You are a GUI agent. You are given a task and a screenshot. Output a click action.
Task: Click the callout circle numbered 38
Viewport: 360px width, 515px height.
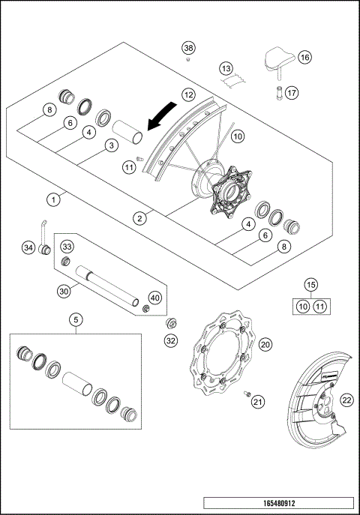point(188,48)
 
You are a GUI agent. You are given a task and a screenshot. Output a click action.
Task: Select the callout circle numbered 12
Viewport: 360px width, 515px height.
point(188,95)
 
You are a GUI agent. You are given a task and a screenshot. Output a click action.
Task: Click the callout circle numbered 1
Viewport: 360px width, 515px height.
point(53,200)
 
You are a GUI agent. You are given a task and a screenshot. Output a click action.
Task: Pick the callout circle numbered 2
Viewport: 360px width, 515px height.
point(140,218)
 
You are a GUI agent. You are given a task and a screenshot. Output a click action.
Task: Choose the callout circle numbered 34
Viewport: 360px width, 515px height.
point(28,247)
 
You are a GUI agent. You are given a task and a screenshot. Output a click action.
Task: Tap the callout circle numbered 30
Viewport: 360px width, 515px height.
point(64,291)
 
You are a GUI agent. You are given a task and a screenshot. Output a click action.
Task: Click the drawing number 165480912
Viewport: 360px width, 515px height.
point(277,503)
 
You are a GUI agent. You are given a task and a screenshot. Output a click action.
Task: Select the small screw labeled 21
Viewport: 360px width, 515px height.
point(244,392)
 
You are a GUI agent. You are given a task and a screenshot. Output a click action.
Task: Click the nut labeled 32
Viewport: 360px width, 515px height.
point(170,324)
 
